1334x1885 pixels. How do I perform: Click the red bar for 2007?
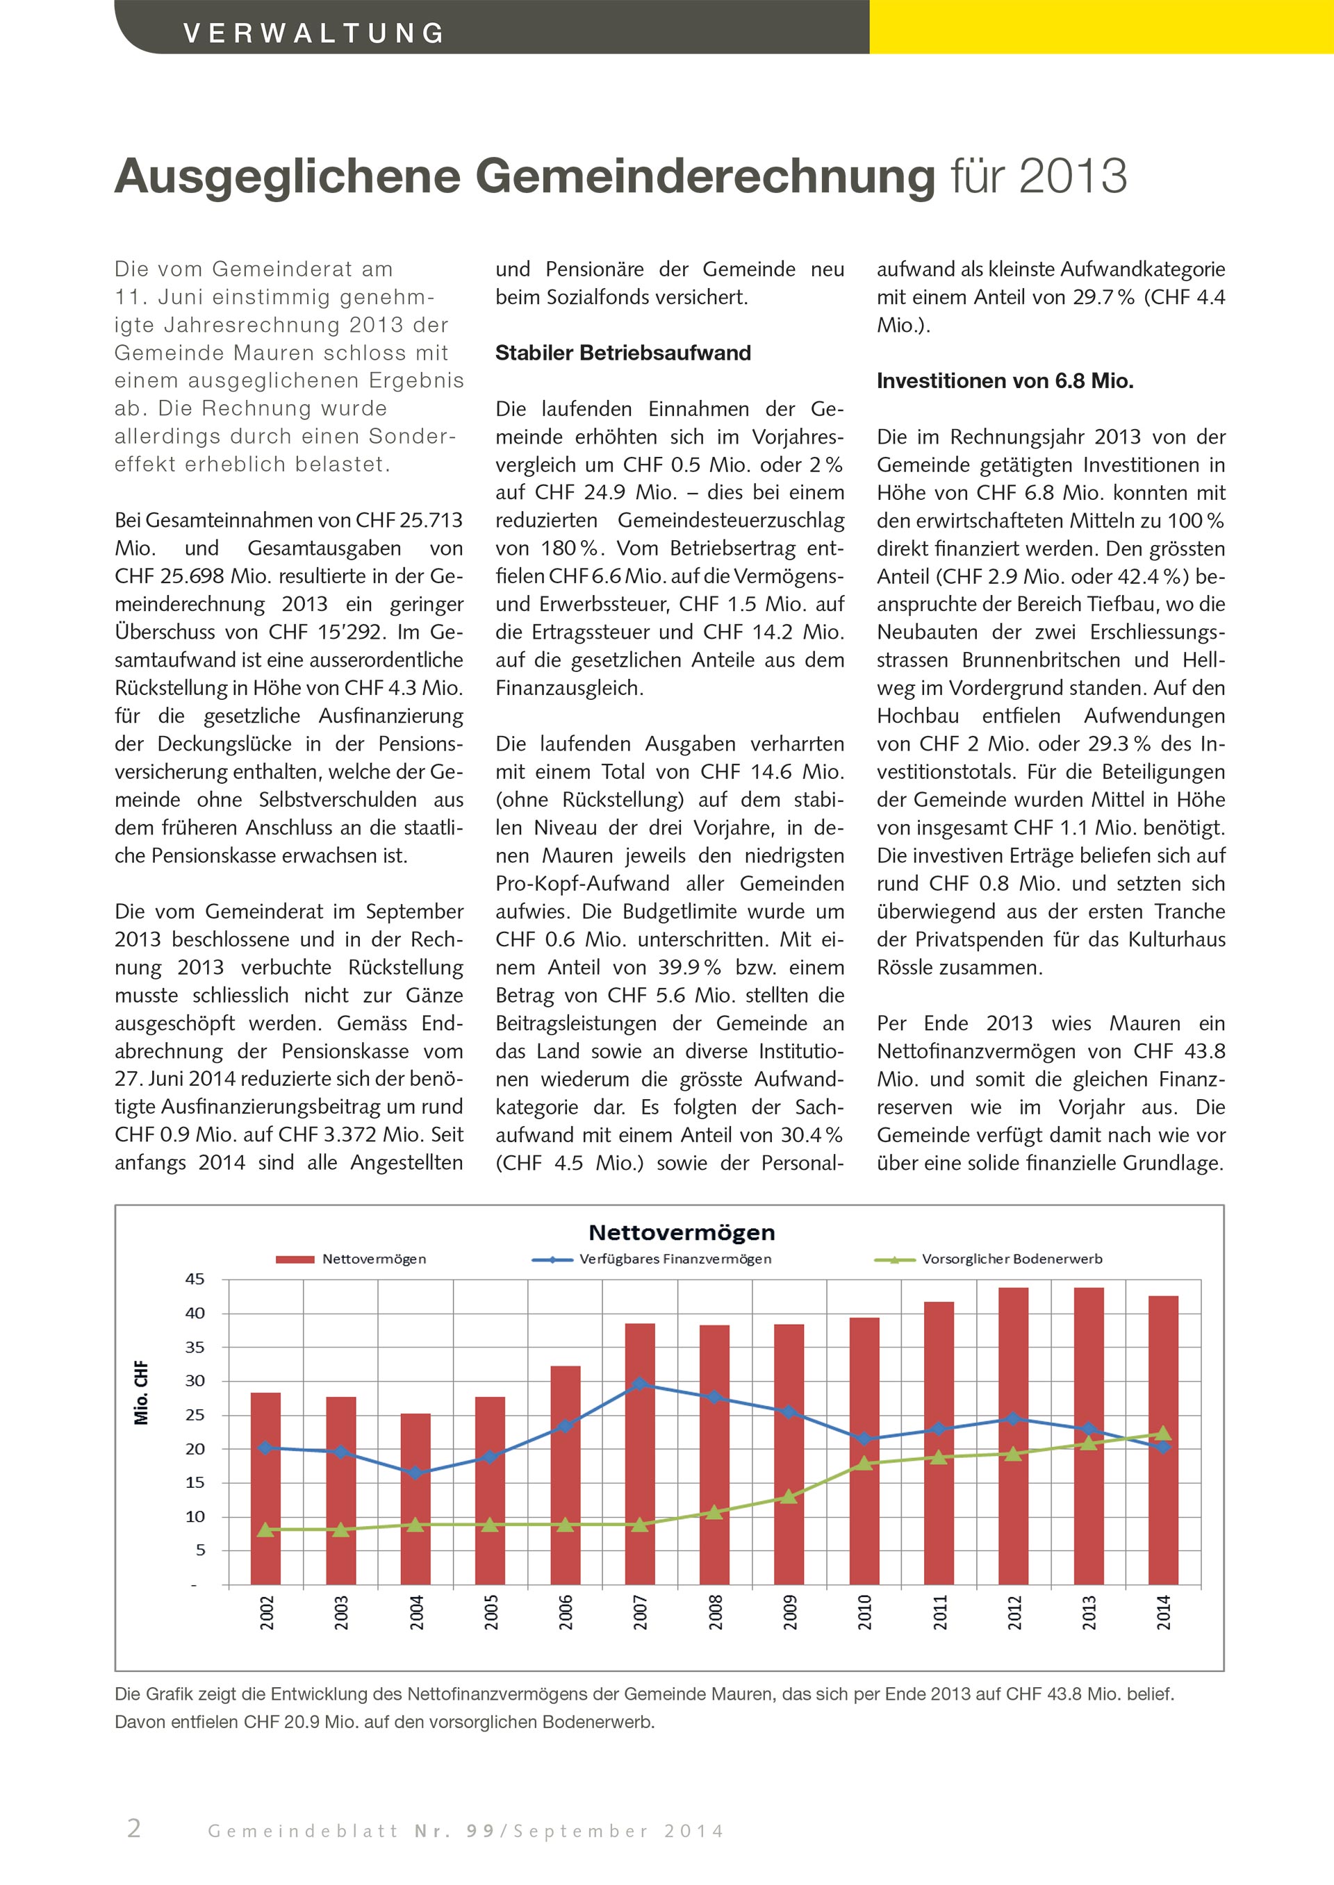[x=640, y=1453]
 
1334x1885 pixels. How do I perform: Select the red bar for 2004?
[x=415, y=1498]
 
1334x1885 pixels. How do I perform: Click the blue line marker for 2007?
[x=640, y=1383]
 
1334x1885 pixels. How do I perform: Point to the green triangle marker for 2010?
[x=864, y=1463]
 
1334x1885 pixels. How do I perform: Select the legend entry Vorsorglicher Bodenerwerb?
[x=1011, y=1259]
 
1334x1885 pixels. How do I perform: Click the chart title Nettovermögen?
[x=682, y=1232]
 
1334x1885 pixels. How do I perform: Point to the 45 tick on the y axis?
[x=195, y=1279]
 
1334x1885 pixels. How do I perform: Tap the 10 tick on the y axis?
[x=195, y=1516]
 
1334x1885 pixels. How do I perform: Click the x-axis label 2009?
[x=790, y=1611]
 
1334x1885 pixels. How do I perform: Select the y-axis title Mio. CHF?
[x=141, y=1393]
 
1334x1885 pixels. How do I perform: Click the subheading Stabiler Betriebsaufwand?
[x=623, y=353]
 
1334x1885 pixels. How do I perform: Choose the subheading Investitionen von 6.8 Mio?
[x=1005, y=381]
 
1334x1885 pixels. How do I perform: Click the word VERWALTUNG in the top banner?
[x=315, y=33]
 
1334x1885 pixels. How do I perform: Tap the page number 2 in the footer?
[x=134, y=1828]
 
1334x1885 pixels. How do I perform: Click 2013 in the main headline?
[x=1073, y=176]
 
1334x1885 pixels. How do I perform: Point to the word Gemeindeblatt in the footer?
[x=303, y=1831]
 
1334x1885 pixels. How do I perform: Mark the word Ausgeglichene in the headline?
[x=288, y=176]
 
